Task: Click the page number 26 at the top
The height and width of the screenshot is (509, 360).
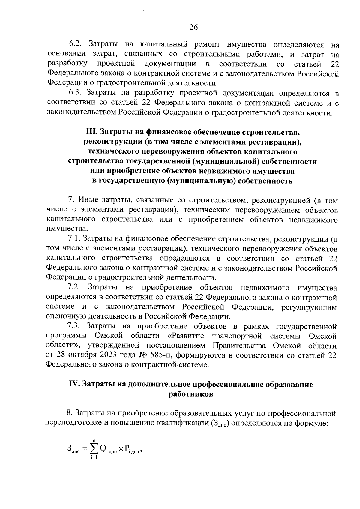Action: click(x=193, y=28)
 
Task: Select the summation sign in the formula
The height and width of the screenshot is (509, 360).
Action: click(x=94, y=448)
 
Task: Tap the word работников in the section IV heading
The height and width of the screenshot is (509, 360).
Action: click(x=191, y=394)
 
